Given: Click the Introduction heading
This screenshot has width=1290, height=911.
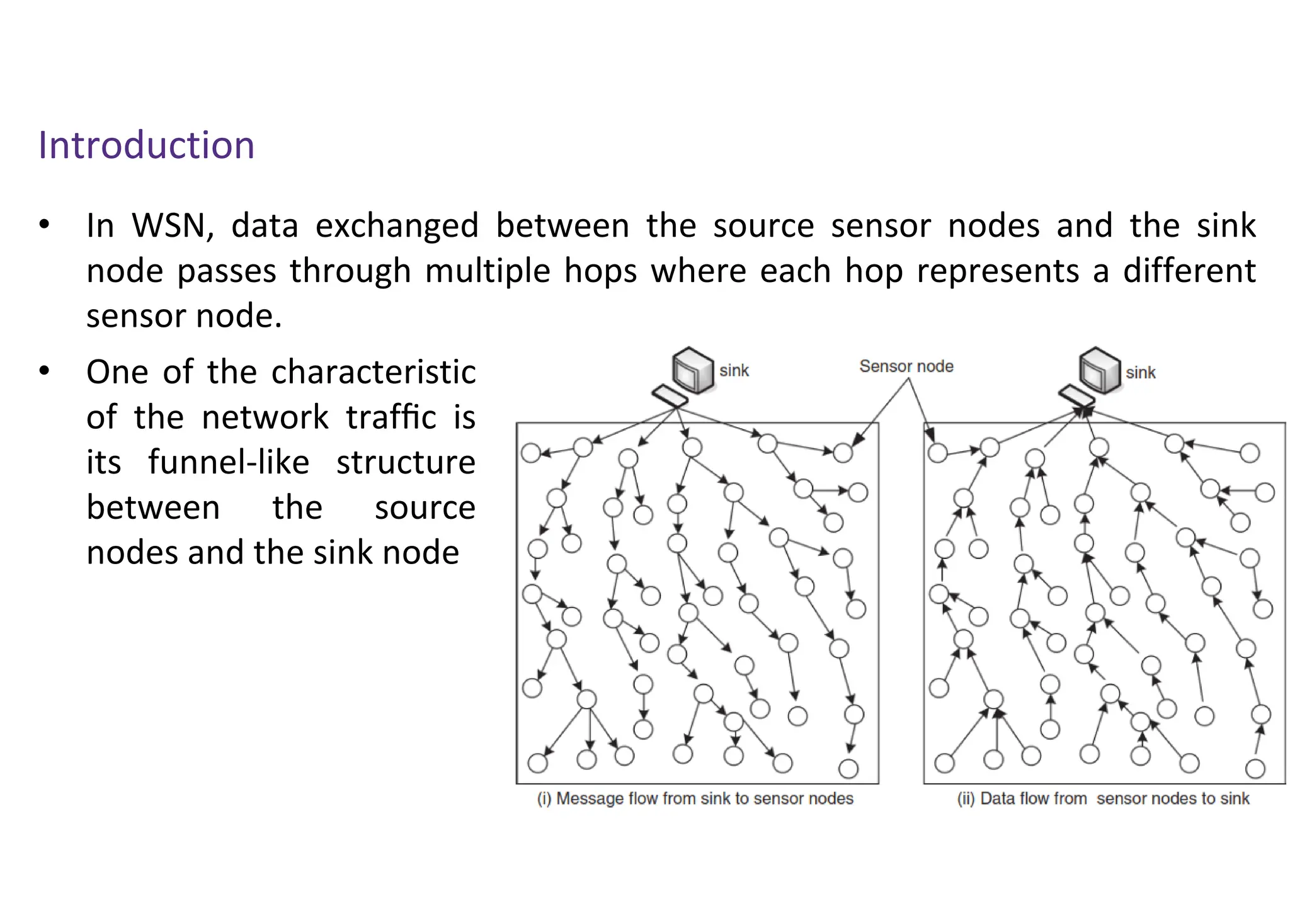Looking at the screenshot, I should [146, 145].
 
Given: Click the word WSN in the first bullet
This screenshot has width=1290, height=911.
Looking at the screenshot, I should [173, 225].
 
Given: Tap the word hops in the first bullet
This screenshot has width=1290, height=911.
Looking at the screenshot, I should [599, 271].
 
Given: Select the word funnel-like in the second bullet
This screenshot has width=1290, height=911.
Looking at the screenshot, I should [229, 462].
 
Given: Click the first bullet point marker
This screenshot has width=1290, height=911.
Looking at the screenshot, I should [43, 225].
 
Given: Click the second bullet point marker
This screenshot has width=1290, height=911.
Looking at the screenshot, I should [43, 371].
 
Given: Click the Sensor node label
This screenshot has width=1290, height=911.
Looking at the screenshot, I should [906, 366].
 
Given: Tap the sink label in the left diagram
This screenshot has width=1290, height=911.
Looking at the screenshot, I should [734, 371].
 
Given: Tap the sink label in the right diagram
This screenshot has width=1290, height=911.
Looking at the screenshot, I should [1140, 373].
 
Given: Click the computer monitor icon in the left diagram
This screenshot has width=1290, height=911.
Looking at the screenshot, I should [692, 370].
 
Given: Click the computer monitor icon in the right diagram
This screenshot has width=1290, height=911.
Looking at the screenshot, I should [1099, 370].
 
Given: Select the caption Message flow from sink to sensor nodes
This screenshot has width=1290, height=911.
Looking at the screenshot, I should [695, 798].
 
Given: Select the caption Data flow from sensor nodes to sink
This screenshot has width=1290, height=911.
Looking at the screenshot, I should [1103, 798].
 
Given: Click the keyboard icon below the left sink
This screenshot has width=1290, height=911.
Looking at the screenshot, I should [669, 397].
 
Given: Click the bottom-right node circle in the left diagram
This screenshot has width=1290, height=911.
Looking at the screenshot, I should [848, 769].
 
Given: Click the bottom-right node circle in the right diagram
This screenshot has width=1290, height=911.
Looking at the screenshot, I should [1255, 769].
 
